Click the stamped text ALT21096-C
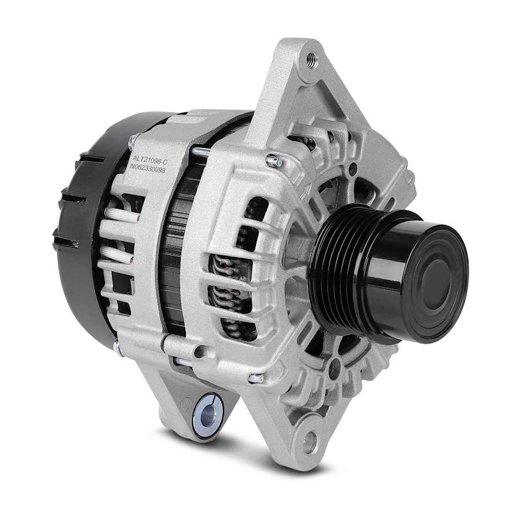click(x=149, y=160)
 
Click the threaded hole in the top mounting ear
click(x=311, y=61)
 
